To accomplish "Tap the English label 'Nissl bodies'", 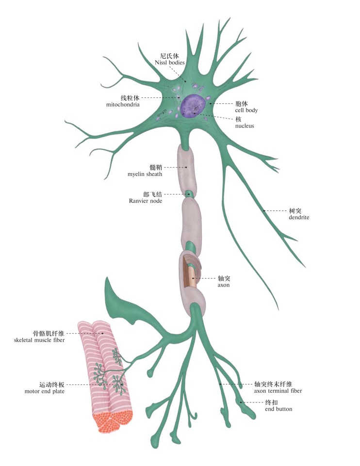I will pyautogui.click(x=170, y=63).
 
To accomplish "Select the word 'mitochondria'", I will pyautogui.click(x=123, y=104).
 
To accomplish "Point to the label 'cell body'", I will pyautogui.click(x=246, y=111).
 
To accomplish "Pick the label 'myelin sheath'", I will pyautogui.click(x=145, y=174).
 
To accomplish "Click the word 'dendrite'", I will pyautogui.click(x=299, y=218).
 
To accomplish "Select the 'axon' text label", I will pyautogui.click(x=224, y=286).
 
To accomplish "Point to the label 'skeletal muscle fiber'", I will pyautogui.click(x=40, y=340).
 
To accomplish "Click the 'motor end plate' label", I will pyautogui.click(x=45, y=391).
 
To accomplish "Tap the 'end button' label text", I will pyautogui.click(x=278, y=409).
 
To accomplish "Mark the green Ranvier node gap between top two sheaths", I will pyautogui.click(x=190, y=194).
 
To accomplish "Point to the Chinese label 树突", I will pyautogui.click(x=295, y=211).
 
